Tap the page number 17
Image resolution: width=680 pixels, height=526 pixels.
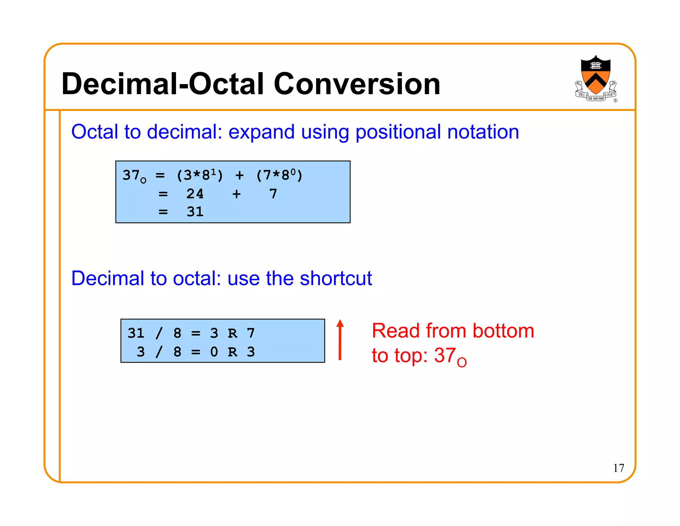[619, 468]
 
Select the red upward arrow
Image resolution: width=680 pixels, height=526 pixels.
[340, 339]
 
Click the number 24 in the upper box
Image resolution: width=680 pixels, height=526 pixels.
[195, 194]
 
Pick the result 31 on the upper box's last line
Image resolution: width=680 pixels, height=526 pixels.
[195, 212]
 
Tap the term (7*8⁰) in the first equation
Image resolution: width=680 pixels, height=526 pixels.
[279, 175]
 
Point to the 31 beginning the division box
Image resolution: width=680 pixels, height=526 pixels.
[136, 333]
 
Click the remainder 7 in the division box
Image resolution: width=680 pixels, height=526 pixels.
[251, 333]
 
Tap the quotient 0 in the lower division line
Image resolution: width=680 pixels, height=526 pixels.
[214, 352]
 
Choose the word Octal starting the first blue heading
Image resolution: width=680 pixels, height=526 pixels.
[95, 132]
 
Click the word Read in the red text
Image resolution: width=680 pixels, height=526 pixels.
[396, 331]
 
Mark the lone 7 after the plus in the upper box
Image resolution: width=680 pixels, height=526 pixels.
[273, 194]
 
